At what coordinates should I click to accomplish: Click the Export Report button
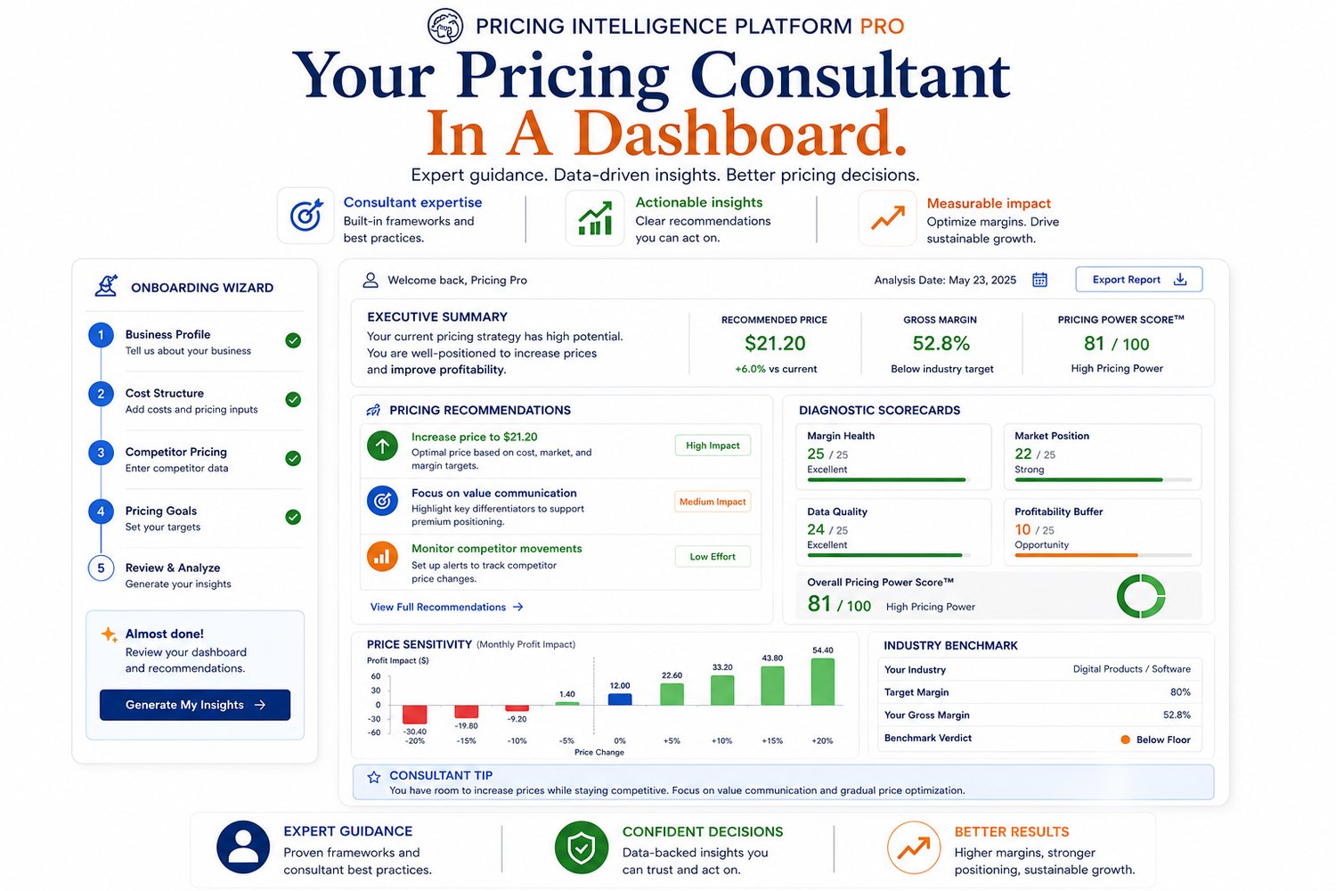(1138, 279)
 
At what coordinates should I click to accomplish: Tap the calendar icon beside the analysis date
(1039, 279)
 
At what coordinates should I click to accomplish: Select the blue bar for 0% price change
(620, 699)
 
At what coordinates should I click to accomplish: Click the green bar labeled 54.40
(822, 682)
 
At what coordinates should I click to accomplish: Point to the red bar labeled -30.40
(414, 715)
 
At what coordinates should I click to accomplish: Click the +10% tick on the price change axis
(721, 740)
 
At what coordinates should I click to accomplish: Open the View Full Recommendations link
(446, 607)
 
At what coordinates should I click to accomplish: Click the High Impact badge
(713, 445)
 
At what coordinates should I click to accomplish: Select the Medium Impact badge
(713, 502)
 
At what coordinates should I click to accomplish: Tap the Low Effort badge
(713, 556)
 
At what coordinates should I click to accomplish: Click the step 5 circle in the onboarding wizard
(101, 568)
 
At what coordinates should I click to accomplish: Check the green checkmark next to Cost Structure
(293, 399)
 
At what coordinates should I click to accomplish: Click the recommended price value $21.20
(775, 343)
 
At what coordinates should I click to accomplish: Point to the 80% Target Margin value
(1180, 692)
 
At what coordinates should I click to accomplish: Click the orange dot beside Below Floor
(1126, 740)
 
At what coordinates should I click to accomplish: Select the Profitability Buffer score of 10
(1022, 529)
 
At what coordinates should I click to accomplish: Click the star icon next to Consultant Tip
(374, 776)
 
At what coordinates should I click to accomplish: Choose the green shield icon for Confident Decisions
(581, 847)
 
